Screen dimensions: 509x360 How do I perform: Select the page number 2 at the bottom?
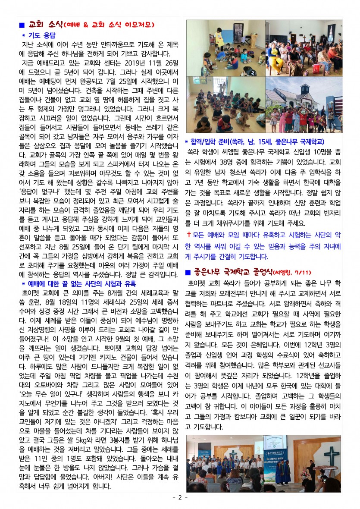pyautogui.click(x=180, y=497)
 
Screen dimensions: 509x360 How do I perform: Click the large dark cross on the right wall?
pyautogui.click(x=331, y=455)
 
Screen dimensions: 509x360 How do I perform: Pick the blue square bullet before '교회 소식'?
pyautogui.click(x=22, y=25)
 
